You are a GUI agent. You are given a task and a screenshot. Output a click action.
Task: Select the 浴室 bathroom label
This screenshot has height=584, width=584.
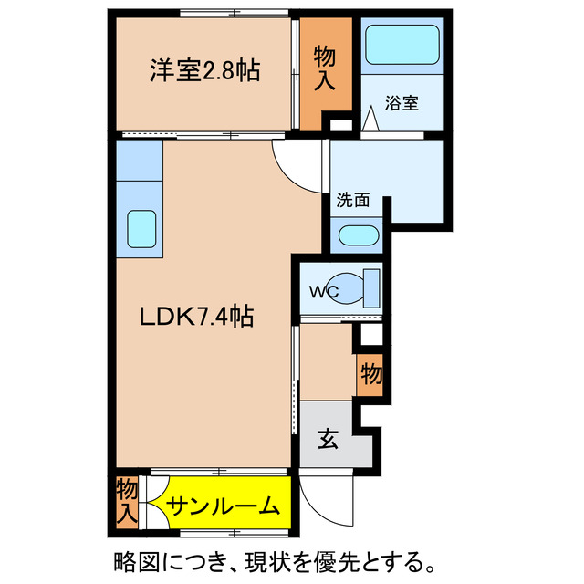click(x=403, y=103)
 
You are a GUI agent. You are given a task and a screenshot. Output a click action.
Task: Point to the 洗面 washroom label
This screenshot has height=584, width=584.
click(x=352, y=200)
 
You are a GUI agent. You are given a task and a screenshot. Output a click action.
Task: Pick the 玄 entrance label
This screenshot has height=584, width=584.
click(x=328, y=440)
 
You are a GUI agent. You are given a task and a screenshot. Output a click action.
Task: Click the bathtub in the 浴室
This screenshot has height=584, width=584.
click(x=402, y=44)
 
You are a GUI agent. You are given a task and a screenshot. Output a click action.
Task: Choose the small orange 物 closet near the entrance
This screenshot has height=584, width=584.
click(x=370, y=374)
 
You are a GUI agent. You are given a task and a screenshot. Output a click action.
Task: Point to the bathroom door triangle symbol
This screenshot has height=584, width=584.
click(x=372, y=120)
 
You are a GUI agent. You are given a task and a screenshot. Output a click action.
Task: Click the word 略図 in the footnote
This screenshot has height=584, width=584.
click(x=134, y=558)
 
